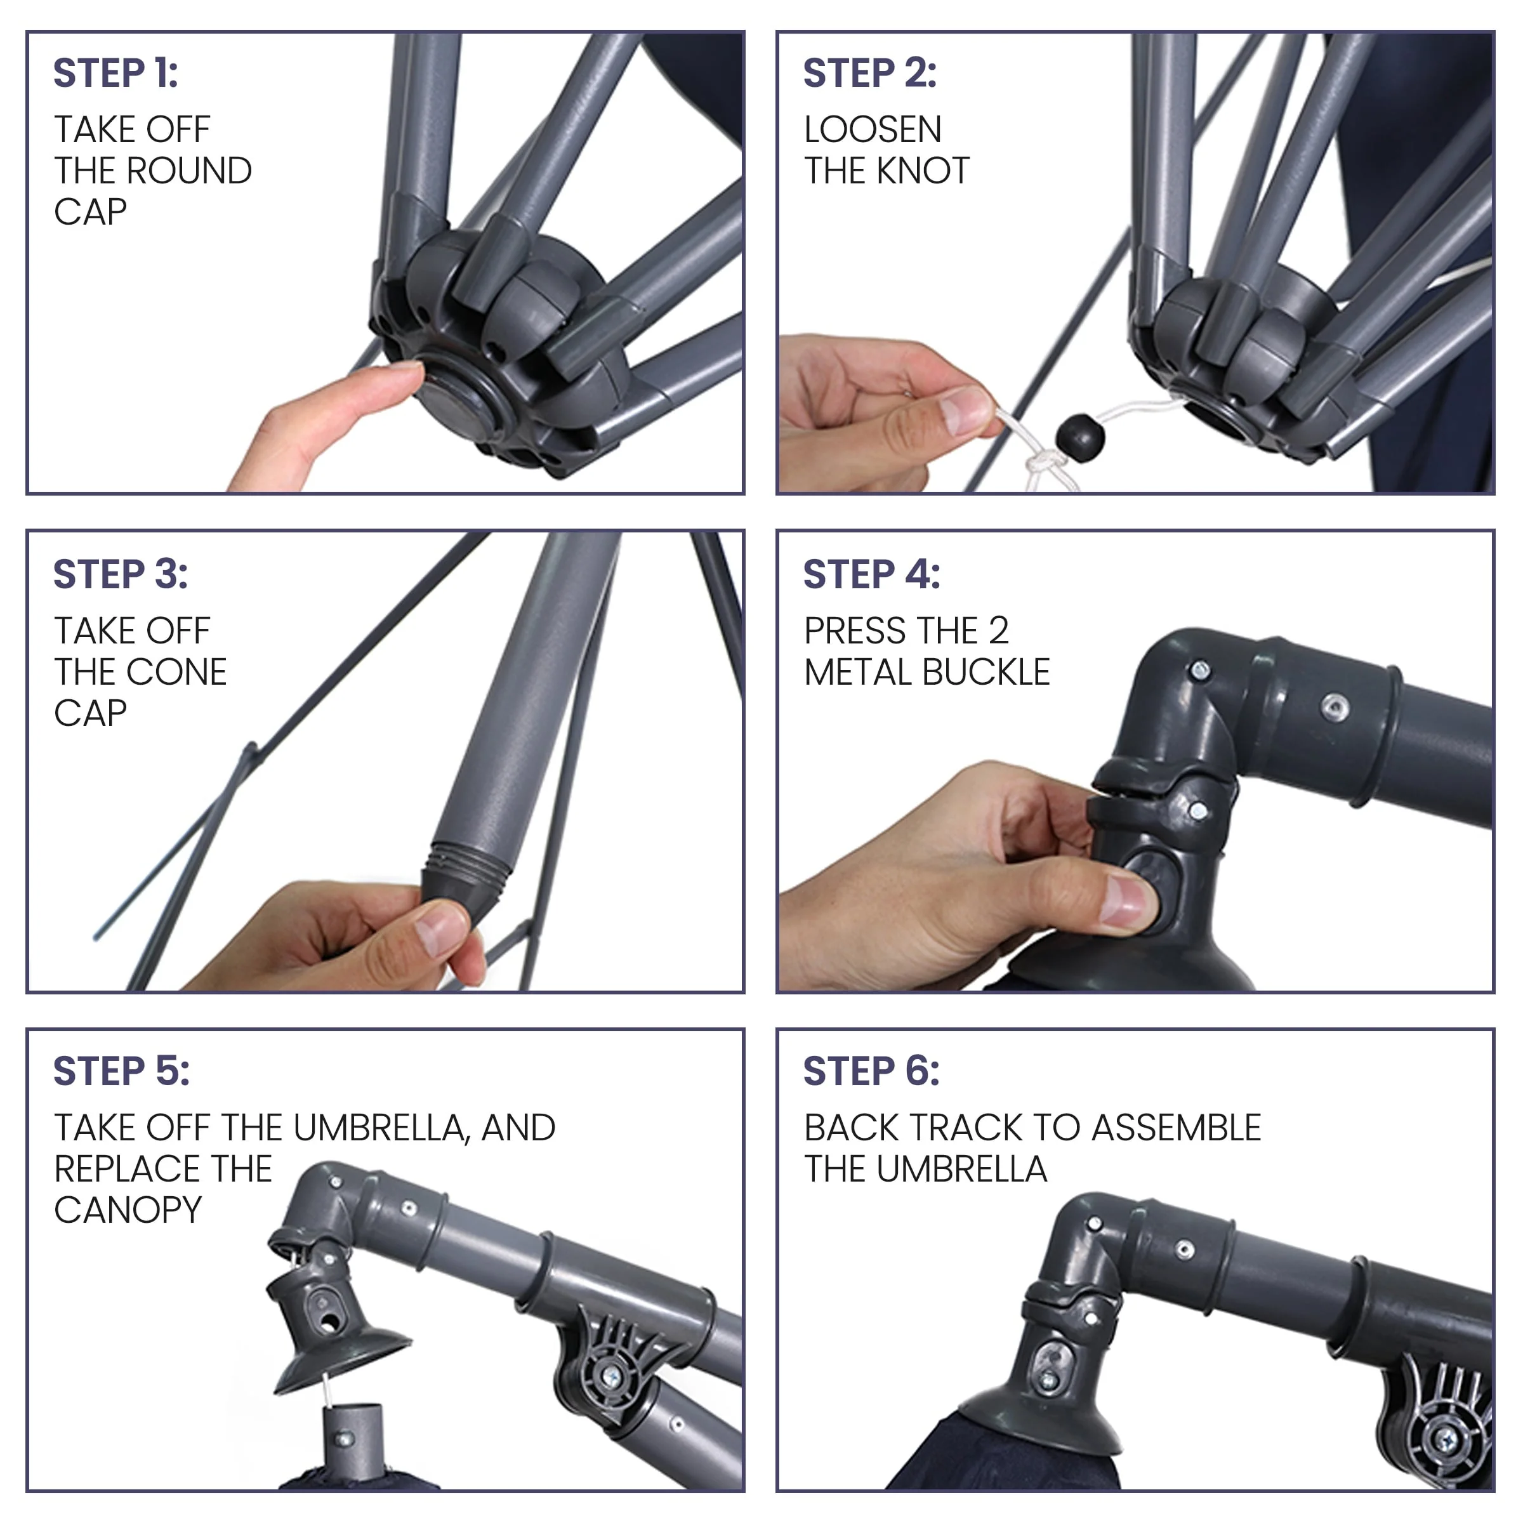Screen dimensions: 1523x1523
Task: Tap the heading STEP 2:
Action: (870, 74)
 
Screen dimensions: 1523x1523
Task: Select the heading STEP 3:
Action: (121, 574)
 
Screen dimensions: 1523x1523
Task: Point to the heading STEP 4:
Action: (872, 574)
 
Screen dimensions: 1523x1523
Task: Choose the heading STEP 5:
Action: (121, 1071)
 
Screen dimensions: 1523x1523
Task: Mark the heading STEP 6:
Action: (872, 1071)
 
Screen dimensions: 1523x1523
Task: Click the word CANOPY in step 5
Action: (128, 1210)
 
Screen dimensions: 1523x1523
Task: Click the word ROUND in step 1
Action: (189, 171)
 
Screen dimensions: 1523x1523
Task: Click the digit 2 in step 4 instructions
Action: (999, 631)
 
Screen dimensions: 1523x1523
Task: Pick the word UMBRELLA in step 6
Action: (962, 1169)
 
